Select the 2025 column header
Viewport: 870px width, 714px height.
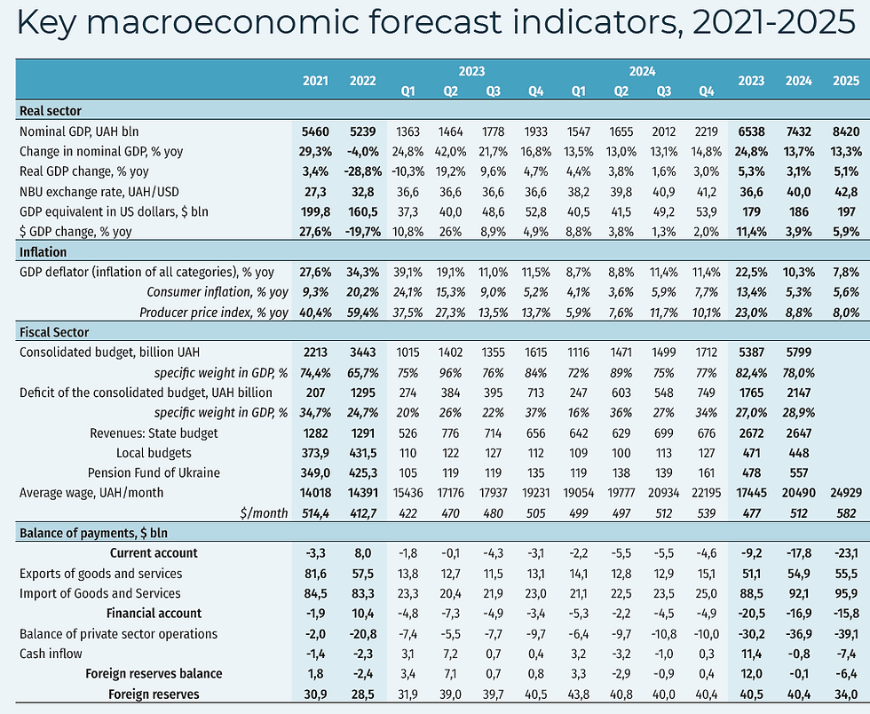[845, 81]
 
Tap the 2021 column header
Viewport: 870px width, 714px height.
[315, 81]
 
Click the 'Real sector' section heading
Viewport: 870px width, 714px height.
[50, 111]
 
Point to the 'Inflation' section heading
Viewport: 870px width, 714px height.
[43, 252]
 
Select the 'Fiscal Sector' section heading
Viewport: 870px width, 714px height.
[54, 332]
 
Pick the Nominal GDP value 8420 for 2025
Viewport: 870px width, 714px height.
[845, 131]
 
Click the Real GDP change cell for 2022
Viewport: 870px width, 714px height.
[362, 171]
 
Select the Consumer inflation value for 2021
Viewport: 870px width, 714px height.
[315, 292]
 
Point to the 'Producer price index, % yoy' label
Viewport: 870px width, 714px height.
[214, 312]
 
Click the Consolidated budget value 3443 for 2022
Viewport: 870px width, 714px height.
[362, 353]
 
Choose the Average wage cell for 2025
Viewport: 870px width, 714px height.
[845, 493]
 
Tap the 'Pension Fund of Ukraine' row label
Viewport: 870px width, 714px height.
[154, 472]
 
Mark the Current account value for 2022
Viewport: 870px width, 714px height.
[362, 553]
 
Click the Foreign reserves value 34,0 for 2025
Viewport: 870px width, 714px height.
[845, 694]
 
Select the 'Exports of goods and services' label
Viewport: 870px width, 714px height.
[100, 574]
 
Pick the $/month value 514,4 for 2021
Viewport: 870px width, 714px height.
[315, 513]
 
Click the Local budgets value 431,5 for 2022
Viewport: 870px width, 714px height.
[362, 453]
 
